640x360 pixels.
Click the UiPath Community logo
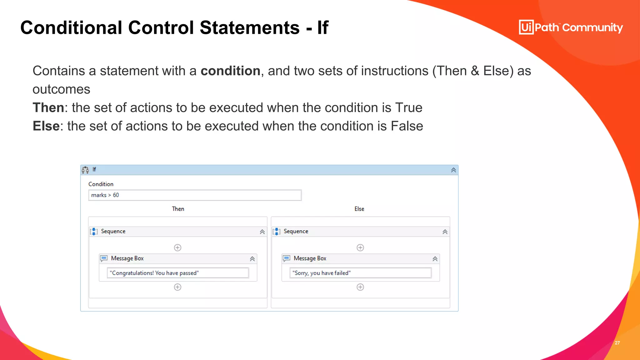pyautogui.click(x=571, y=27)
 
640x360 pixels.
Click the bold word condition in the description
pyautogui.click(x=230, y=71)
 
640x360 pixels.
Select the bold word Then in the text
pyautogui.click(x=48, y=108)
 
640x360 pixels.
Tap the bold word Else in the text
pyautogui.click(x=46, y=126)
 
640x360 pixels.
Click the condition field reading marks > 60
pyautogui.click(x=194, y=195)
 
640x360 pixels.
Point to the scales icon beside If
pyautogui.click(x=85, y=170)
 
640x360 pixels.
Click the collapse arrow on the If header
pyautogui.click(x=453, y=170)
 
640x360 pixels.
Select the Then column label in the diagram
pyautogui.click(x=178, y=209)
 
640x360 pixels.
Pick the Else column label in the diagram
pyautogui.click(x=359, y=209)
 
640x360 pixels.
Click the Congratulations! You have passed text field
pyautogui.click(x=177, y=273)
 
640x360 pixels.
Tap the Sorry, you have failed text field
pyautogui.click(x=360, y=273)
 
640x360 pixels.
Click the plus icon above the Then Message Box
pyautogui.click(x=177, y=248)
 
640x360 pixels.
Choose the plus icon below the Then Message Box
pyautogui.click(x=177, y=287)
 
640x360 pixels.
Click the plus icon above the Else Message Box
pyautogui.click(x=360, y=248)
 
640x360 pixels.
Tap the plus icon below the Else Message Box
pyautogui.click(x=360, y=287)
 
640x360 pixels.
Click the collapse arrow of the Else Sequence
pyautogui.click(x=445, y=232)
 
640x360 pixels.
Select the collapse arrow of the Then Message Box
pyautogui.click(x=252, y=259)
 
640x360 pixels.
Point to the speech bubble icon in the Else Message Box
pyautogui.click(x=286, y=258)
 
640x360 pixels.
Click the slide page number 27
pyautogui.click(x=617, y=343)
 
